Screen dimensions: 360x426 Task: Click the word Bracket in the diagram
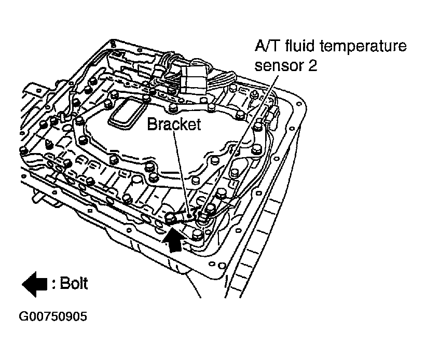(x=173, y=124)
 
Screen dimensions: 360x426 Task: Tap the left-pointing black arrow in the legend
(x=34, y=284)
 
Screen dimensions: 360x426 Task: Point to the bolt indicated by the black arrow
(x=170, y=217)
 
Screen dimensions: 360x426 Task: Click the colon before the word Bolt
(x=53, y=284)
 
